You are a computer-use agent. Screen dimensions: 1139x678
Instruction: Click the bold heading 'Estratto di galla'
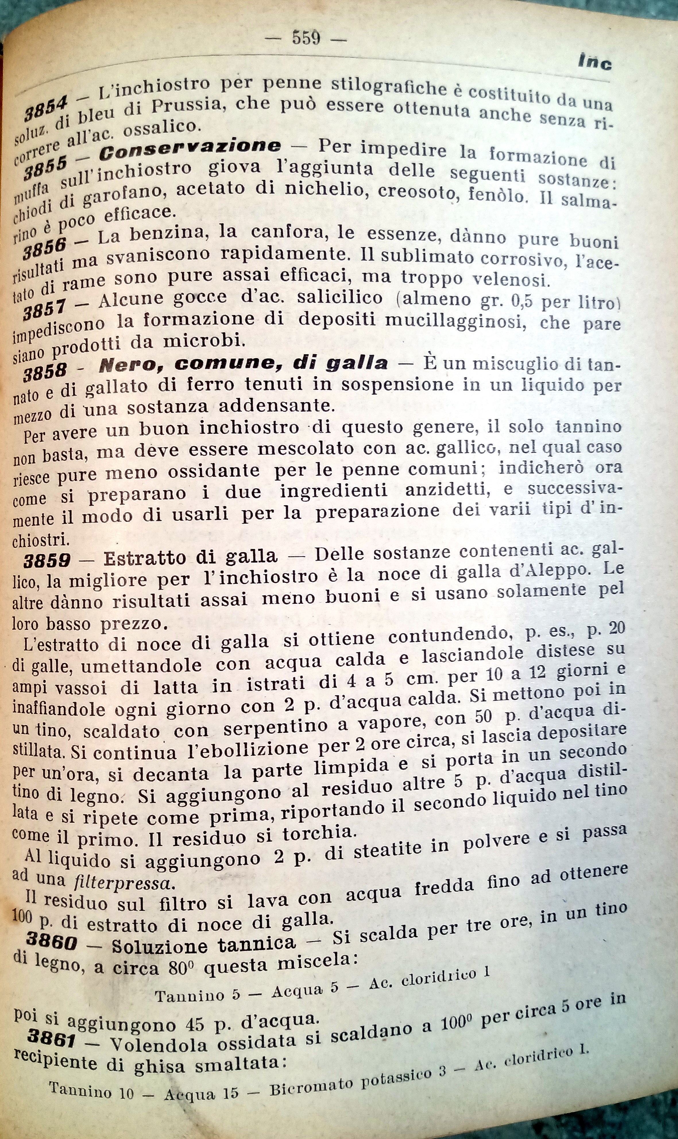[x=190, y=557]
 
